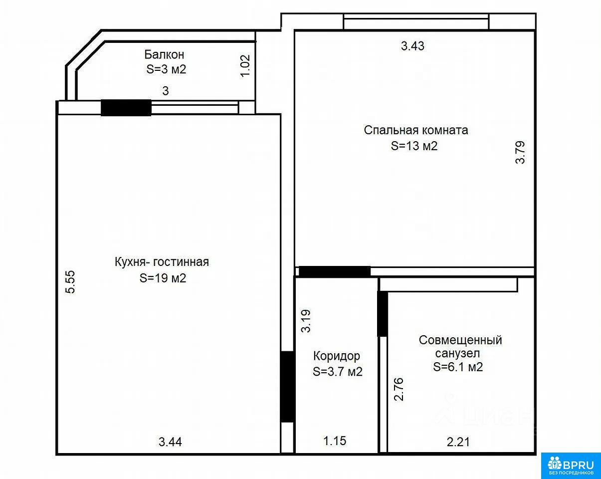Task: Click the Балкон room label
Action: (164, 54)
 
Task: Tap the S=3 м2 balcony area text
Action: (166, 69)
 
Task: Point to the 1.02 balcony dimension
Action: (245, 66)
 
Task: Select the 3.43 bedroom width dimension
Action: (412, 46)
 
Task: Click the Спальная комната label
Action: (416, 130)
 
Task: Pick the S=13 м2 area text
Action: (414, 146)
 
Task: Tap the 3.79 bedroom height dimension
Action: (520, 153)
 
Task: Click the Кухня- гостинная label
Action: (162, 262)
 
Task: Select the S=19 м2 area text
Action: (163, 278)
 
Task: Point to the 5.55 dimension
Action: (70, 282)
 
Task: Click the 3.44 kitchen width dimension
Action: (170, 442)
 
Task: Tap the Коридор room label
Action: (337, 356)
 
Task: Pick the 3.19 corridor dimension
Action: (306, 321)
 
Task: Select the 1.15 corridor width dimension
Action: (335, 441)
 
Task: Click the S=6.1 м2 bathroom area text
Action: (458, 367)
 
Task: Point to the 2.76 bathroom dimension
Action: (399, 389)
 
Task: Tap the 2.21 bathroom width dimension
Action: (458, 442)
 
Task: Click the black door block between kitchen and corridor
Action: (287, 387)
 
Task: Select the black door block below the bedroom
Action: (335, 271)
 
